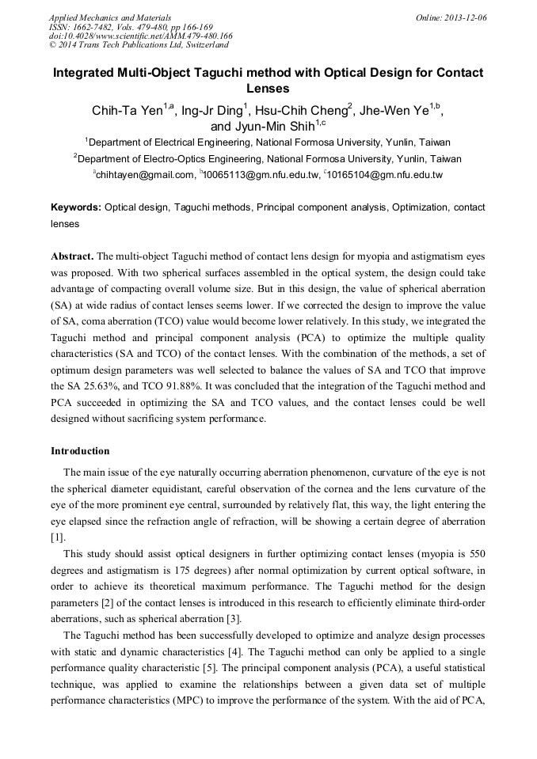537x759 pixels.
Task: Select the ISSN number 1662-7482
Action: (x=101, y=27)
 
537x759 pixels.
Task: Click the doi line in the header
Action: (x=140, y=36)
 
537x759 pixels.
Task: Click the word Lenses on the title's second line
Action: (x=268, y=89)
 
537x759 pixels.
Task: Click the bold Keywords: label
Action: (x=76, y=207)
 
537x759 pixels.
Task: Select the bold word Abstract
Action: (x=72, y=256)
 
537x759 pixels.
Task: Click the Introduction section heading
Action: (x=80, y=451)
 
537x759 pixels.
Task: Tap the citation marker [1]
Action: (x=57, y=537)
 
